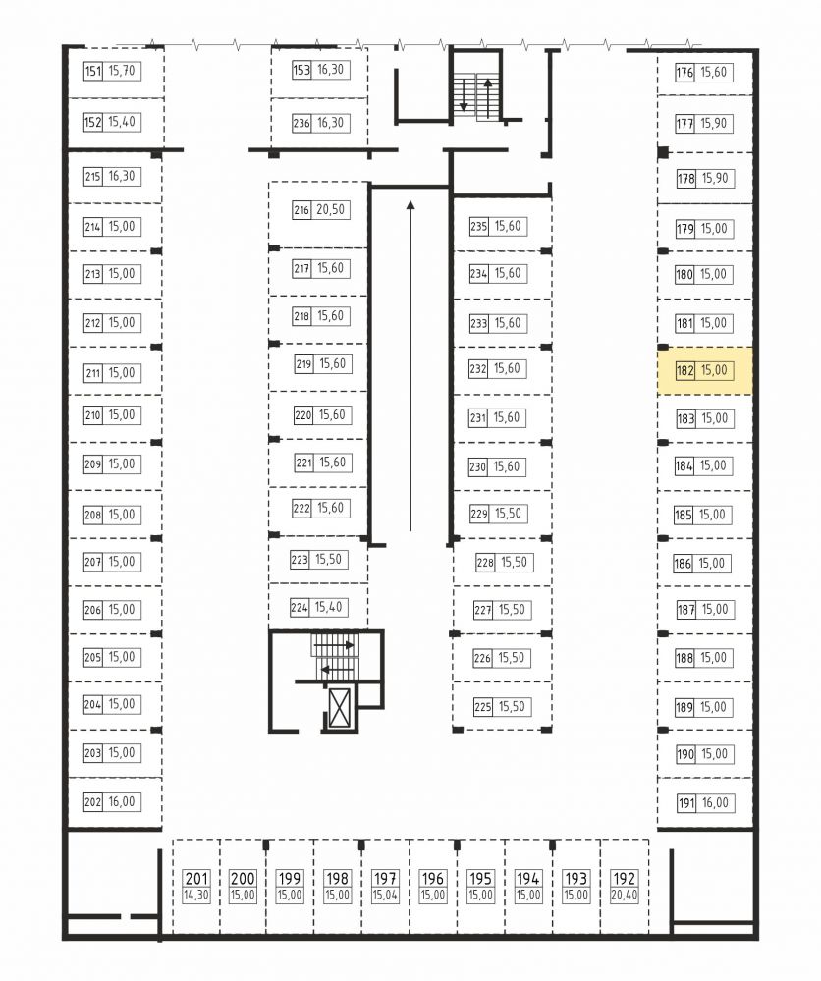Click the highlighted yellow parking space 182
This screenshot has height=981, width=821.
[704, 371]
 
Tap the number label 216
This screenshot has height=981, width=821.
[301, 209]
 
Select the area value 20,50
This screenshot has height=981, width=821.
[330, 209]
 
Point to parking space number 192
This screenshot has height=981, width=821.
[624, 879]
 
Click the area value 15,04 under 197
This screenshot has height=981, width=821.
[385, 896]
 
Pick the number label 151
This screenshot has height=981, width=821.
[92, 71]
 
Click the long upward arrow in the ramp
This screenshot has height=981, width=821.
[410, 366]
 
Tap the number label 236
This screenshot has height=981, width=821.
[301, 123]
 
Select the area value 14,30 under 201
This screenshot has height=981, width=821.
[196, 896]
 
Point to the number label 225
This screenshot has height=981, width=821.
[482, 707]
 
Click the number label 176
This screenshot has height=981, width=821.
[684, 72]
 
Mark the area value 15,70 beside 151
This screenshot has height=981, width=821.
[122, 71]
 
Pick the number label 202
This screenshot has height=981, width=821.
[92, 802]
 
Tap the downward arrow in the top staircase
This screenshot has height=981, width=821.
[464, 94]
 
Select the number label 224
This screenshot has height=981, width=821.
[300, 607]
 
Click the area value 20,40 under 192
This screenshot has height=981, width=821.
[624, 896]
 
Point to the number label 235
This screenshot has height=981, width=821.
[478, 226]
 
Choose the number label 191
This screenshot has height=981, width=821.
[686, 802]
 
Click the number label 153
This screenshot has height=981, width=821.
[301, 70]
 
